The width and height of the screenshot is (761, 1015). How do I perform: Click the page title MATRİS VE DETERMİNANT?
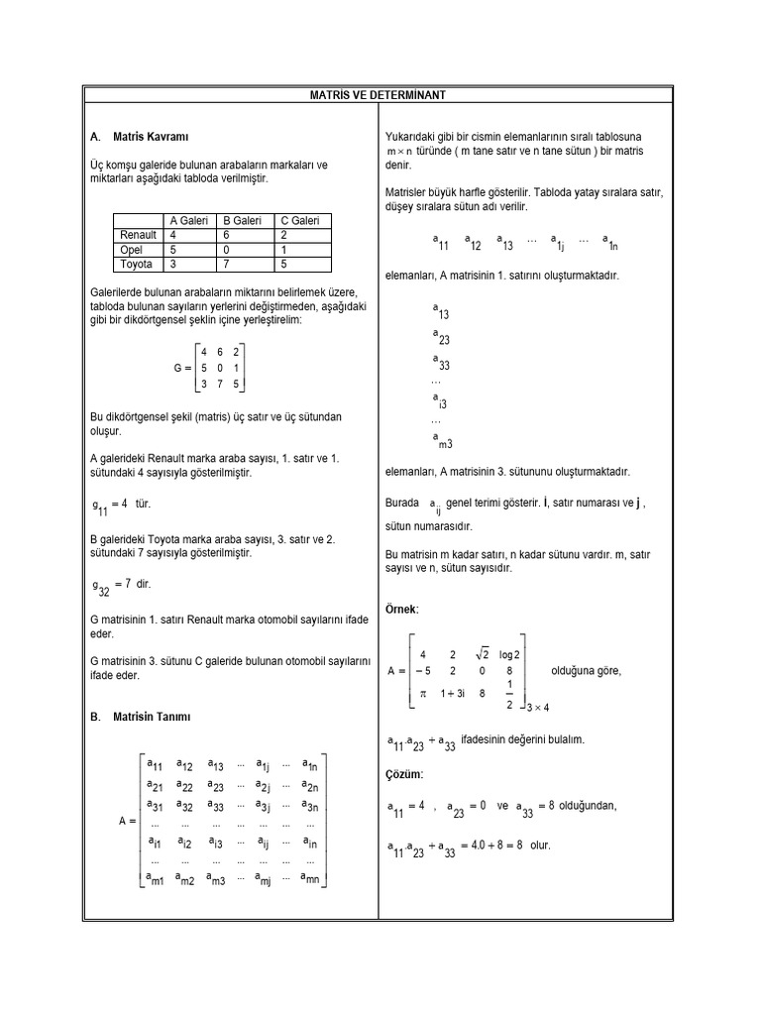point(380,94)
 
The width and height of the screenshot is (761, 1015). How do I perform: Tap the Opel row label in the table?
point(132,250)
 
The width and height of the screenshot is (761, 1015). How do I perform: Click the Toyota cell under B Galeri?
point(227,265)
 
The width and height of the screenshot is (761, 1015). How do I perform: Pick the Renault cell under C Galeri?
point(284,236)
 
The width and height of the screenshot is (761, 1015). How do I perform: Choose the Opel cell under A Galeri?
point(173,250)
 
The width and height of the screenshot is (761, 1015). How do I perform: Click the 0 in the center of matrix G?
point(220,368)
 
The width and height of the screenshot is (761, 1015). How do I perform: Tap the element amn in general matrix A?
point(309,878)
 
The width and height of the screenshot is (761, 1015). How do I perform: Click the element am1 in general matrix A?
point(155,878)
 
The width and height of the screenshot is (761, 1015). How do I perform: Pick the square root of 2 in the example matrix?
point(483,654)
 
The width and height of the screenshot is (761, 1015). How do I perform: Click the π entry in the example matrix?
point(423,694)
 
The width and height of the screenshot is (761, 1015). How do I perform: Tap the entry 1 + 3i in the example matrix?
point(453,694)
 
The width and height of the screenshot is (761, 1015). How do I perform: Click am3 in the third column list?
point(442,441)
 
